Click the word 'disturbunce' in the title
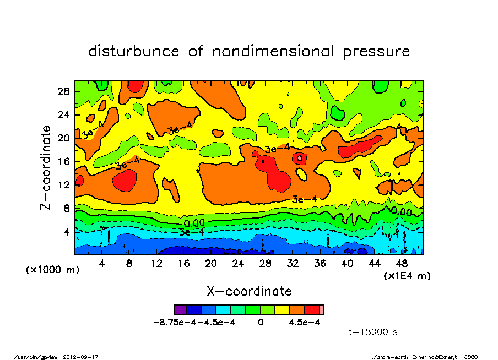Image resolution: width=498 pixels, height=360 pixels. point(134,52)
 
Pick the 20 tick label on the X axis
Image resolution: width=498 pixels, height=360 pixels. point(210,264)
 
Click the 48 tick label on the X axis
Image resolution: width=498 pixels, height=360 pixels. point(402,264)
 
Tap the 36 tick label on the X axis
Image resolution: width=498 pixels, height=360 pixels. point(320,264)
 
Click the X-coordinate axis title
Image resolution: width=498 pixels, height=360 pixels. point(248,291)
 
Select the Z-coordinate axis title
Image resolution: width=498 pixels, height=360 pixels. point(46,167)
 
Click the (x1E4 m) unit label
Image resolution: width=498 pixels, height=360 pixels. point(407,275)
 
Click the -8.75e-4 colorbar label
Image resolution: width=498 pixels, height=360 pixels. point(173,322)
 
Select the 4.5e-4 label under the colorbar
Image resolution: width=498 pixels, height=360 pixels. point(305,322)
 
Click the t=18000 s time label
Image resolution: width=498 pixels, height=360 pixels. point(373,332)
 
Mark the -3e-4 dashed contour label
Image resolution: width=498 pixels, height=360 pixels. point(192,232)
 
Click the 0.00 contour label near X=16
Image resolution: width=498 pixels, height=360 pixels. point(194,223)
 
